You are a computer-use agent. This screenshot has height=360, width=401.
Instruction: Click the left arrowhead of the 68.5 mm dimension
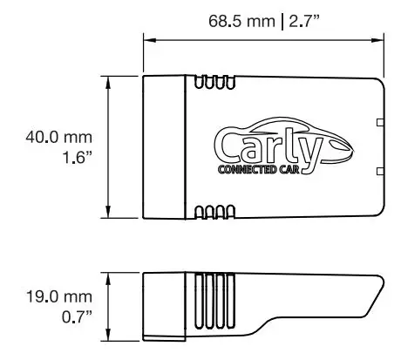(x=146, y=39)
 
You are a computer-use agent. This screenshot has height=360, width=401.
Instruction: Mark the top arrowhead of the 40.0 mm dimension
(x=108, y=79)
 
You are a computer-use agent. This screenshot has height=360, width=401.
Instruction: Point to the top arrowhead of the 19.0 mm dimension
(x=108, y=275)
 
